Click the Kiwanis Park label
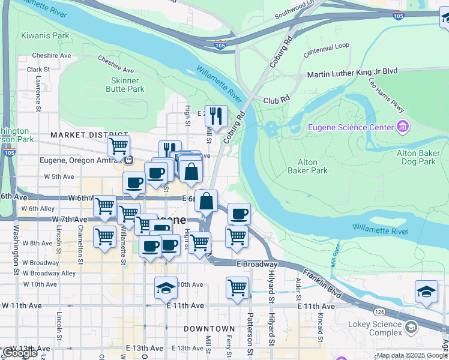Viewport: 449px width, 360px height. [45, 35]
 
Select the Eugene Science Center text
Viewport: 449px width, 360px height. [350, 127]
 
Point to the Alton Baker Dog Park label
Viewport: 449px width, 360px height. [419, 158]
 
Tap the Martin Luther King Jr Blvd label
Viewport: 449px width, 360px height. [352, 73]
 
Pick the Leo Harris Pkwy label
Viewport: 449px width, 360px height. [387, 97]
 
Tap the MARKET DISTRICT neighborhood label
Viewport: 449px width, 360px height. [89, 135]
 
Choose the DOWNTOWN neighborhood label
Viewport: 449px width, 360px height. [209, 329]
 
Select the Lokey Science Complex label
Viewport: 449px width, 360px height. [375, 328]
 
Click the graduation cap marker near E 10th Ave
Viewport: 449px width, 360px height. [166, 288]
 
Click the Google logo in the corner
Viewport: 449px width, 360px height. [20, 352]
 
